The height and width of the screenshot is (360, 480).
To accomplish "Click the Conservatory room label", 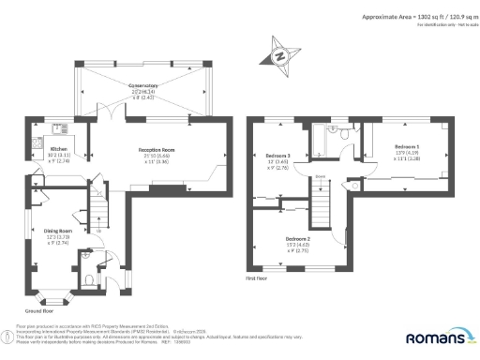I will tap(142, 85).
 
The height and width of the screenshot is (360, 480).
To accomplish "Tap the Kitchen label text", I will tap(56, 149).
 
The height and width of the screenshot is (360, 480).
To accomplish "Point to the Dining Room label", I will tap(58, 230).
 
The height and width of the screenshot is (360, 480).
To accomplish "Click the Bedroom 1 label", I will tap(406, 148).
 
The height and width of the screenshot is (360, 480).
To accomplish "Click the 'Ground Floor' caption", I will tap(38, 310).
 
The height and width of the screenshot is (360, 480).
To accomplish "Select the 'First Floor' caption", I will tap(258, 278).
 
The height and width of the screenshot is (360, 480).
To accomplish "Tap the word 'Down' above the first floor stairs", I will tap(320, 176).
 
